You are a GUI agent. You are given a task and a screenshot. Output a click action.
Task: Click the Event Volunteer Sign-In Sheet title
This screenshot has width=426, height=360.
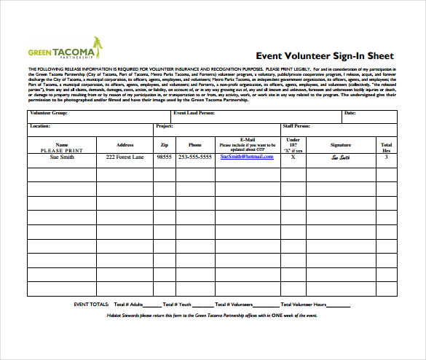pos(324,55)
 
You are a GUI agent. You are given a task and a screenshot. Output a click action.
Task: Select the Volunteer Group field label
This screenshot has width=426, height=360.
pos(48,114)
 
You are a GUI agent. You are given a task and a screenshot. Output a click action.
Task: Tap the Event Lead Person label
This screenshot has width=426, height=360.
pos(193,114)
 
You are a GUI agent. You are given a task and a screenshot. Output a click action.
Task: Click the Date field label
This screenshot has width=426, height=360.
pos(350,114)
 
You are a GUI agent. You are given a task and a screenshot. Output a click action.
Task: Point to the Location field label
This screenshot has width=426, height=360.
pos(39,126)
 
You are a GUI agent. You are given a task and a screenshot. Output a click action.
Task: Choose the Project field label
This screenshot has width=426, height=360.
pos(165,126)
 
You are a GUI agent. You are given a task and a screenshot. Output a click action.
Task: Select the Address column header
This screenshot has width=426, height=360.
pos(125,145)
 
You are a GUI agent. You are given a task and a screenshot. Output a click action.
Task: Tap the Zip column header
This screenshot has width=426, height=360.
pos(164,145)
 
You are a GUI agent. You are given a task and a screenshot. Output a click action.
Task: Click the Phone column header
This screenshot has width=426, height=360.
pos(194,145)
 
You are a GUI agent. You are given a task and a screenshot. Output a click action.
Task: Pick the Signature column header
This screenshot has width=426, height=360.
pos(340,145)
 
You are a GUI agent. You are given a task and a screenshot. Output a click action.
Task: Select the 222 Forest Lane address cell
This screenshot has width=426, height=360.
pos(125,157)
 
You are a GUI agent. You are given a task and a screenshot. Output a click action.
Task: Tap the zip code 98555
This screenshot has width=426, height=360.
pos(164,157)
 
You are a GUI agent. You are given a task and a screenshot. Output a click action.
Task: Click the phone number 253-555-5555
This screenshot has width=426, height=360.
pos(194,157)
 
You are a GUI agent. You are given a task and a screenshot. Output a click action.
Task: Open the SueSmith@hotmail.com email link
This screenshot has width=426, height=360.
pos(247,157)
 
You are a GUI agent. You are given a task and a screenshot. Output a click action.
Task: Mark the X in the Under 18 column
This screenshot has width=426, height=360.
pos(293,157)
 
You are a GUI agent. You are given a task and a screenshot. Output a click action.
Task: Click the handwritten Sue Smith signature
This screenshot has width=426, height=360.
pos(340,157)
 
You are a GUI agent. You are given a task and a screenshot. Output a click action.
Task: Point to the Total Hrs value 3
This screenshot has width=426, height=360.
pos(386,157)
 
